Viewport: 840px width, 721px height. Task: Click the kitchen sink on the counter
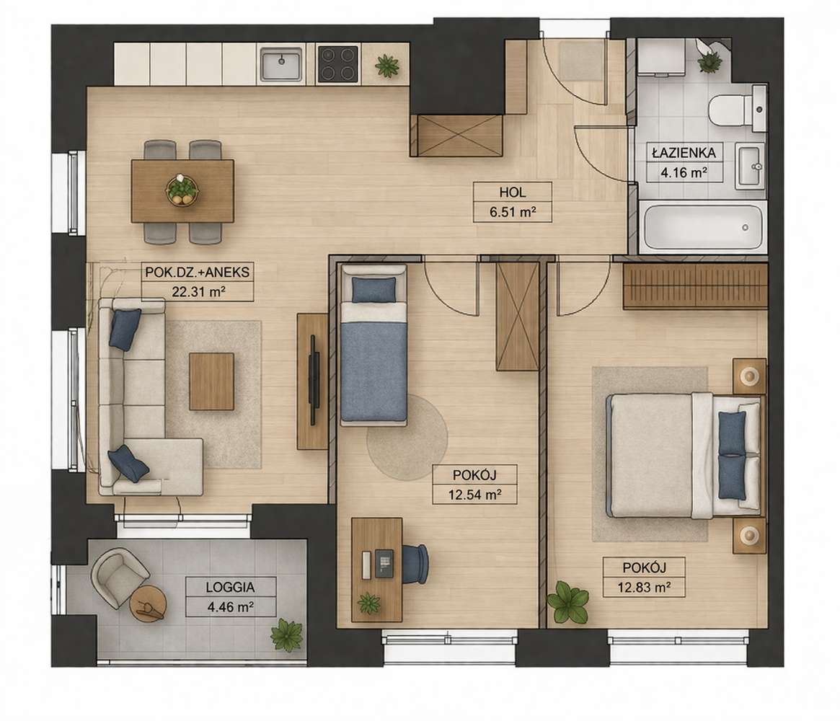[281, 63]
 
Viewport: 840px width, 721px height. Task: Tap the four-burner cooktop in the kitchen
[338, 63]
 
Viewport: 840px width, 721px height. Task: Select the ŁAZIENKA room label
[684, 153]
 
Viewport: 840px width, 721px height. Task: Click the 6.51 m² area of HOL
[513, 211]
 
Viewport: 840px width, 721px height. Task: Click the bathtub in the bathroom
[704, 227]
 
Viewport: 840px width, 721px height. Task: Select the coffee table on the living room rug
[211, 381]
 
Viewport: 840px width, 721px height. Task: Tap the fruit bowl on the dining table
[182, 190]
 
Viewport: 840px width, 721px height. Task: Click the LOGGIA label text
[230, 587]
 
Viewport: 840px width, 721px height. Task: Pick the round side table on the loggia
[148, 603]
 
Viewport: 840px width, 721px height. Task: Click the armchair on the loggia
[120, 579]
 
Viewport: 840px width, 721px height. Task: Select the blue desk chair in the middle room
[415, 564]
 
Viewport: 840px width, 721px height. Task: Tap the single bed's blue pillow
[373, 290]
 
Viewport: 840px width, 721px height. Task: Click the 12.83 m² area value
[645, 587]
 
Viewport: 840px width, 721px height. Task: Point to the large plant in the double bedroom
[568, 601]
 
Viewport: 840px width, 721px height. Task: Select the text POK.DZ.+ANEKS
[197, 272]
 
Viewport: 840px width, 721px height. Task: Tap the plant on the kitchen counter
[386, 66]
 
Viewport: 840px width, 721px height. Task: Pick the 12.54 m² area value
[474, 495]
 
